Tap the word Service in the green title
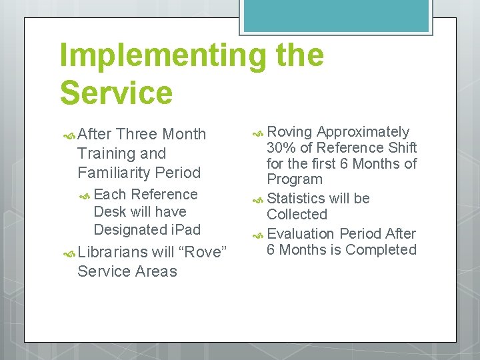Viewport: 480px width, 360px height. [x=116, y=93]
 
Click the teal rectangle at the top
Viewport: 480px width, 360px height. [x=336, y=15]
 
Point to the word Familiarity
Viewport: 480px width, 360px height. [x=114, y=173]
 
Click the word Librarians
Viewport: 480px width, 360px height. [x=112, y=252]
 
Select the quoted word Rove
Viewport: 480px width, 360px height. [x=203, y=252]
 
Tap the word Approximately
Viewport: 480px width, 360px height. [x=363, y=132]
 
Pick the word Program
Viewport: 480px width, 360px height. [x=294, y=179]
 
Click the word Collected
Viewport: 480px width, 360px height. [x=297, y=215]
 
